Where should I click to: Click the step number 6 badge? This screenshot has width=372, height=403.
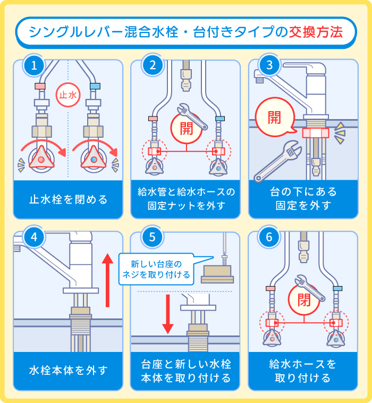[x=269, y=238]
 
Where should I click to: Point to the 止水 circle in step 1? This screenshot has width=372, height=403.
[x=67, y=96]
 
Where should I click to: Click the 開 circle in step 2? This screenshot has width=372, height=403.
[x=187, y=128]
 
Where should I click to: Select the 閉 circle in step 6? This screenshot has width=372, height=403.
[x=304, y=298]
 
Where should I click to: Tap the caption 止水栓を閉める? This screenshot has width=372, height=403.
[x=68, y=199]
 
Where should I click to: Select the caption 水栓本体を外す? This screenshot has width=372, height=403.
[x=68, y=370]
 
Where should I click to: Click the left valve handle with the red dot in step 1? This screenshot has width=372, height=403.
[x=41, y=158]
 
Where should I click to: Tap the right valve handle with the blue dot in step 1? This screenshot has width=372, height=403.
[x=94, y=158]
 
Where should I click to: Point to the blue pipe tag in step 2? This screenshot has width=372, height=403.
[x=220, y=118]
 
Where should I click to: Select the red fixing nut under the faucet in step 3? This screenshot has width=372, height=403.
[x=316, y=133]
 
